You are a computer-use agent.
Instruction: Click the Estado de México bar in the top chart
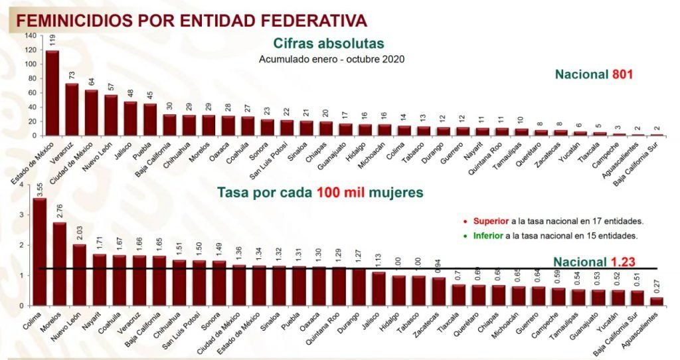[52, 93]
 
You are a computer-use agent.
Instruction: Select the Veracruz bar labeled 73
[72, 110]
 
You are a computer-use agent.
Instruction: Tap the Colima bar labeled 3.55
[40, 252]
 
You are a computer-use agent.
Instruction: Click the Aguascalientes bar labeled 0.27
[657, 302]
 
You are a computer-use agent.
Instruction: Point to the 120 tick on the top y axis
[31, 50]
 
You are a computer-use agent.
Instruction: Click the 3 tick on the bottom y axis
[26, 215]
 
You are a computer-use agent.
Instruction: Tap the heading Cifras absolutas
[328, 44]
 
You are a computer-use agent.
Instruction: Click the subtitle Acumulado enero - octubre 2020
[331, 58]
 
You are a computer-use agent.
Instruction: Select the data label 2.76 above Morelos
[60, 211]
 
